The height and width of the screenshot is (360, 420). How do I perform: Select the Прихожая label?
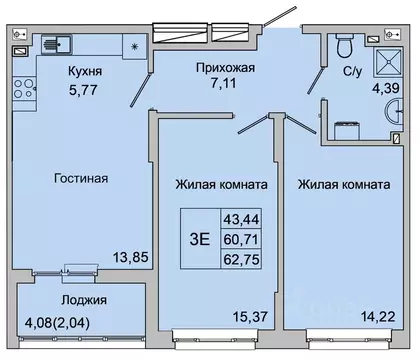point(225,68)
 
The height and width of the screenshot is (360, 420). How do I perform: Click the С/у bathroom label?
point(352,72)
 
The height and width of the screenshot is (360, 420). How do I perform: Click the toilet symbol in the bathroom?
point(344,45)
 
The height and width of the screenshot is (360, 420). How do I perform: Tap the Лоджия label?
point(82,299)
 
